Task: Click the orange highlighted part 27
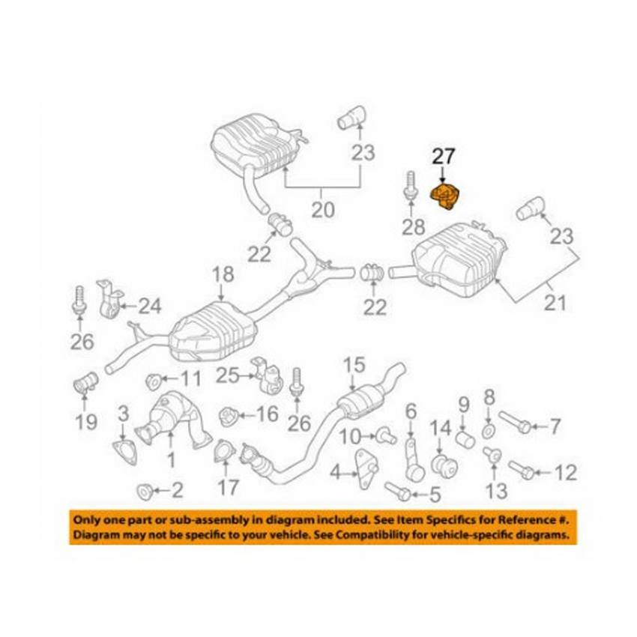pyautogui.click(x=447, y=196)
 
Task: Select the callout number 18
pyautogui.click(x=223, y=275)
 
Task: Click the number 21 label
pyautogui.click(x=555, y=303)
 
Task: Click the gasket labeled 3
pyautogui.click(x=123, y=450)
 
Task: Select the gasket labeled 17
pyautogui.click(x=223, y=453)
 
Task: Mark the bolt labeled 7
pyautogui.click(x=516, y=423)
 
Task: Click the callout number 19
pyautogui.click(x=86, y=421)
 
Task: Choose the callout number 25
pyautogui.click(x=229, y=374)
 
